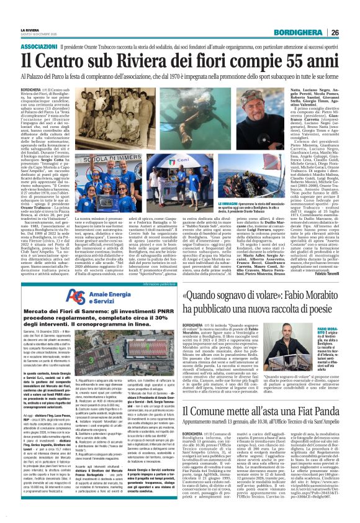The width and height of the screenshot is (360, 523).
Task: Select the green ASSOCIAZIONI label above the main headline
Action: [38, 47]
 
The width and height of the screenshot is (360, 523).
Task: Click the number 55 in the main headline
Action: [308, 61]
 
